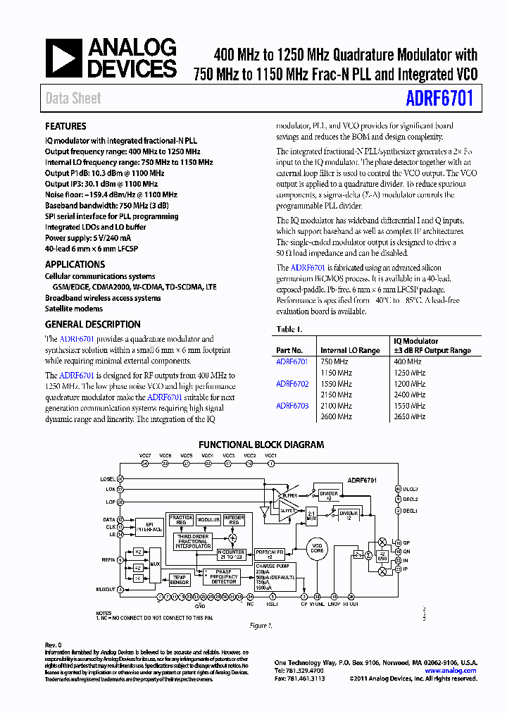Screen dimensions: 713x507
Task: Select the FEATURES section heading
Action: coord(65,127)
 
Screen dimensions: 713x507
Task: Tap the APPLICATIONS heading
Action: coord(75,264)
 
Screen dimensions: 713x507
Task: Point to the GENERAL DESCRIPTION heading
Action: coord(92,325)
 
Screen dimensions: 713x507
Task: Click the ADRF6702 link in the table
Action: coord(292,384)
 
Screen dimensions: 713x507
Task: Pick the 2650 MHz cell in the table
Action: coord(410,417)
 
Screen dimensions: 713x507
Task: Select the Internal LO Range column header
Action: coord(350,350)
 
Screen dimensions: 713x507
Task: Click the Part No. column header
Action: coord(289,350)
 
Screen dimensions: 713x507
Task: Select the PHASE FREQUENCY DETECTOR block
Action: coord(225,576)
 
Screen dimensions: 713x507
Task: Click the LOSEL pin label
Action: coord(107,479)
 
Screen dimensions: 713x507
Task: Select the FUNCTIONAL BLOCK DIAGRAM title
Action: coord(261,445)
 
